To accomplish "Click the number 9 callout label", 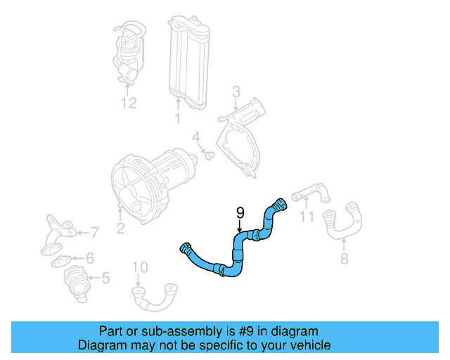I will [x=240, y=212].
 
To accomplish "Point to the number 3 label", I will [x=236, y=91].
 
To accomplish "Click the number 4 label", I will [x=197, y=136].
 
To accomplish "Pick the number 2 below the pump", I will [x=120, y=227].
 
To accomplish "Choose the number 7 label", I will [x=95, y=231].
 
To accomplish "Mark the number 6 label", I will [x=89, y=258].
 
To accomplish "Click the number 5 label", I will [x=105, y=278].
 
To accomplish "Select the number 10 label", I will [x=140, y=267].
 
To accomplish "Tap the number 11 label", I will [x=307, y=217].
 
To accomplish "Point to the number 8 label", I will [x=343, y=259].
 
